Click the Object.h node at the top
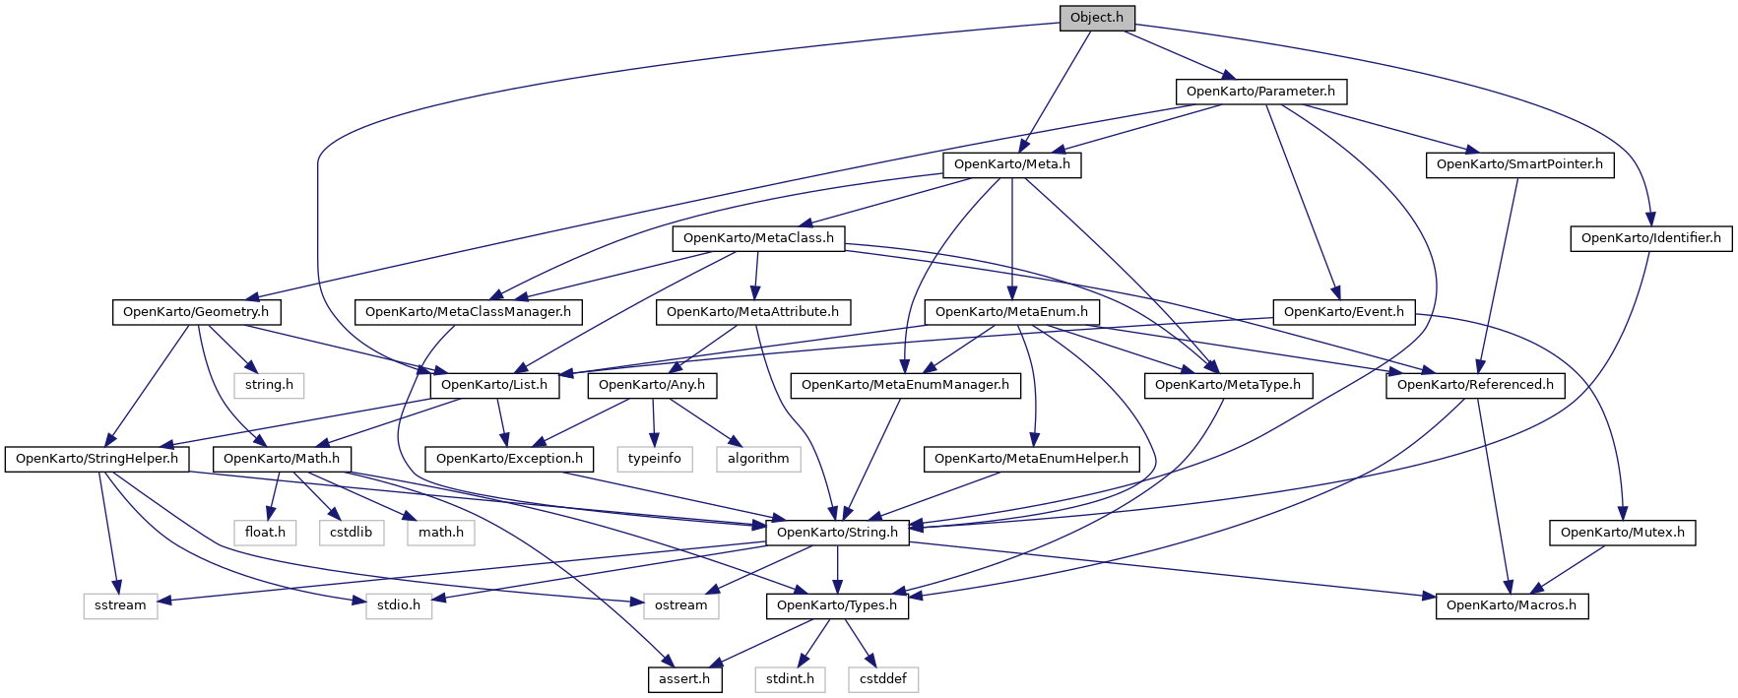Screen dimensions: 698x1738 point(1096,18)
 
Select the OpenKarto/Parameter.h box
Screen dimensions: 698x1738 point(1260,92)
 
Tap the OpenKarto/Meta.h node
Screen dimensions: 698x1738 point(1011,164)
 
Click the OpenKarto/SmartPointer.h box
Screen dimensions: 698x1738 point(1519,164)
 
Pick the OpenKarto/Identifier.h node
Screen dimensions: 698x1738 point(1650,238)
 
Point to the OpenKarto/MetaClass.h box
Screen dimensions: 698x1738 point(758,238)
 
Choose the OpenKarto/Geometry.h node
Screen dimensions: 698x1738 point(196,312)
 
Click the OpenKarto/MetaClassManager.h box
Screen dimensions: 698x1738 point(468,312)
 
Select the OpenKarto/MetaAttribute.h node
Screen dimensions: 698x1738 point(752,312)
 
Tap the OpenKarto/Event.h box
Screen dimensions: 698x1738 point(1343,312)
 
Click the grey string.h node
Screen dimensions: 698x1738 point(269,385)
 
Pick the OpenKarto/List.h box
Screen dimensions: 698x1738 point(494,385)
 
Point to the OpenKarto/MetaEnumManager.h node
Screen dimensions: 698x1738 point(905,385)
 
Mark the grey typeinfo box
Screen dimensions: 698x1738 point(655,459)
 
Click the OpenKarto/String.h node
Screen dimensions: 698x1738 point(837,533)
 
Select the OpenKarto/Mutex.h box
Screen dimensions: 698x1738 point(1622,533)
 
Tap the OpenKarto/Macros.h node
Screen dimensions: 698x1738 point(1512,605)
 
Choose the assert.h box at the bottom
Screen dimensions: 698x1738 point(684,679)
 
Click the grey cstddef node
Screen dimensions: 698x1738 point(882,679)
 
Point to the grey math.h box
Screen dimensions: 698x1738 point(440,533)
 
